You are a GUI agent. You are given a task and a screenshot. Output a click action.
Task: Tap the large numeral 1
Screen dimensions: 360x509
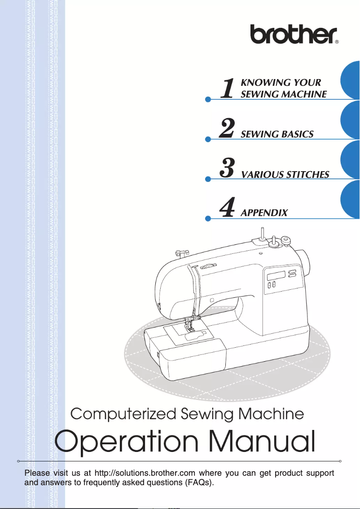227,88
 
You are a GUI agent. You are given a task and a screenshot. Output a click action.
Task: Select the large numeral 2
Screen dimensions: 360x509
227,128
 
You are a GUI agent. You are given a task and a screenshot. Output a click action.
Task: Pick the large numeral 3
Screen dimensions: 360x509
227,168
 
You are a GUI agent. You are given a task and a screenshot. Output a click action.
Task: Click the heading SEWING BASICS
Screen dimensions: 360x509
277,134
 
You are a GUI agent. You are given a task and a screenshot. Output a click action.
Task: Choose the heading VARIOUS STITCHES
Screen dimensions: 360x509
285,175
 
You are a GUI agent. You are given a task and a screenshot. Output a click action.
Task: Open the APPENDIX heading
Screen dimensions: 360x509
264,213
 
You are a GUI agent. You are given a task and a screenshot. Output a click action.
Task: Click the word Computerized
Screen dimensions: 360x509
123,415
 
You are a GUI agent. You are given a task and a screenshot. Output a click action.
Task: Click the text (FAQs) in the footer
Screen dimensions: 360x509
199,482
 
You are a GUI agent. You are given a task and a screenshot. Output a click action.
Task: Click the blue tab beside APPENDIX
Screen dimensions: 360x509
350,199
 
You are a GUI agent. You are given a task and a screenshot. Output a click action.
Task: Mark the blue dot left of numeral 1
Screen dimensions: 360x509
208,99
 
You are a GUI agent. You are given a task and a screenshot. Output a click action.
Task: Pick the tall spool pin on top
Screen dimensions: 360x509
260,235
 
